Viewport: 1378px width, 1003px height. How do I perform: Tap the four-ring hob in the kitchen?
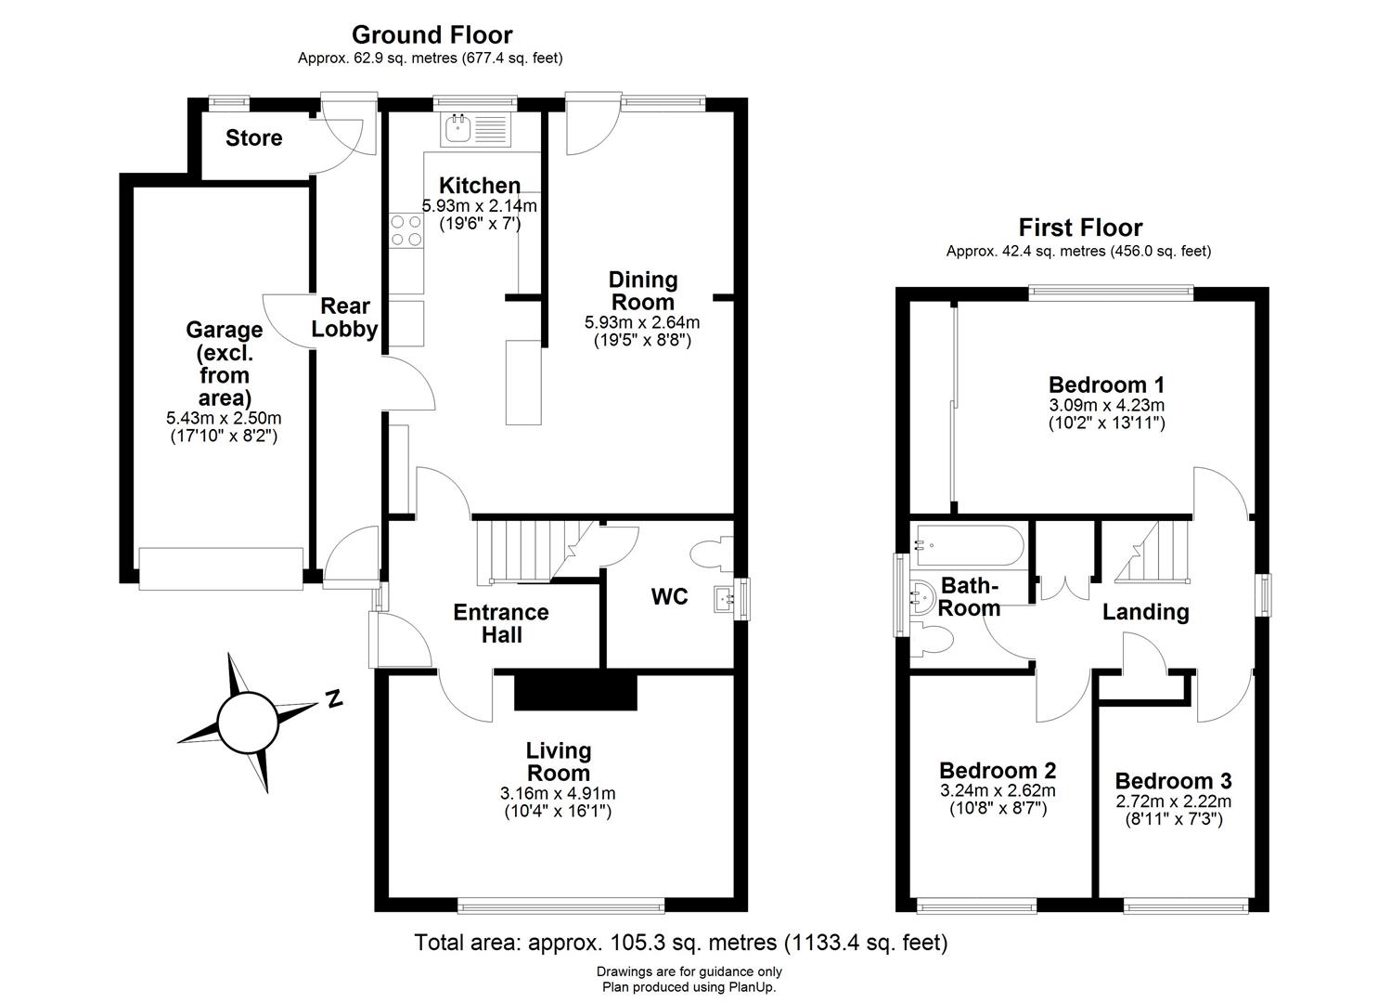[406, 231]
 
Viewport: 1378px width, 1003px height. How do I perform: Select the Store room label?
[253, 138]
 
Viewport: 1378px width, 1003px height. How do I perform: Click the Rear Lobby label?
[344, 318]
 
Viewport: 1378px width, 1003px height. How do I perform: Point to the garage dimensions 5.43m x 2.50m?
[223, 418]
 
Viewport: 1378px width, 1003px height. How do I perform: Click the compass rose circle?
[246, 719]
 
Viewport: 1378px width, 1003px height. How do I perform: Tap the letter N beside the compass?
[334, 697]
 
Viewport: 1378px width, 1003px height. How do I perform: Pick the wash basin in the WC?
[723, 597]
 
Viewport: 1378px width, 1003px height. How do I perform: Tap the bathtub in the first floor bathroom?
[968, 546]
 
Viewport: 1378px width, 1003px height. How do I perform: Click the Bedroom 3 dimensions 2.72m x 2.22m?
[1173, 801]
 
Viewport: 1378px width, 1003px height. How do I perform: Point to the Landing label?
[1145, 612]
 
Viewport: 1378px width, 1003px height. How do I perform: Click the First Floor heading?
[1080, 228]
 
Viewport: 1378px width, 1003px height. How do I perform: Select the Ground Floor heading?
[431, 35]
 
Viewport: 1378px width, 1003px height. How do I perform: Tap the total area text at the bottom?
[681, 943]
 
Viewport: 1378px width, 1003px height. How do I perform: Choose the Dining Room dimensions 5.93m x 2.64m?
[641, 323]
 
